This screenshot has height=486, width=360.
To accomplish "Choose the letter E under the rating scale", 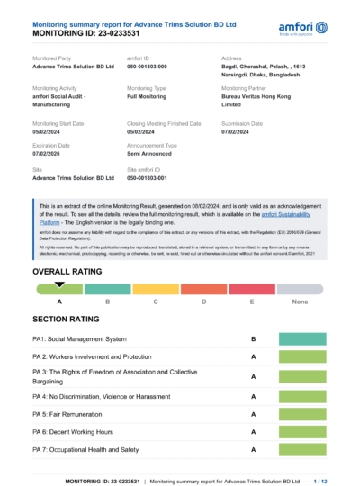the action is tap(251, 301).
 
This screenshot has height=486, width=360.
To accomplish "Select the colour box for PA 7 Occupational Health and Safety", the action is tap(302, 448).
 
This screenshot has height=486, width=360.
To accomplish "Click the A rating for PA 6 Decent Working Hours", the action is tap(254, 431).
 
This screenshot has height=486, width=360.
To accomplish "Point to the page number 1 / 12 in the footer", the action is tap(319, 481).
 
